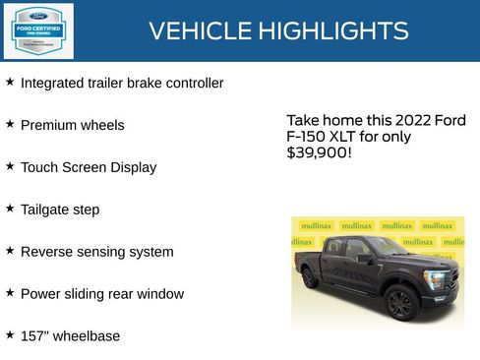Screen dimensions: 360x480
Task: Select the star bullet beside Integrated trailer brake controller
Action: pyautogui.click(x=10, y=83)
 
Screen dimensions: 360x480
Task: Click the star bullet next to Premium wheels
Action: pyautogui.click(x=10, y=125)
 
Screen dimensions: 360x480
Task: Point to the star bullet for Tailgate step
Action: pyautogui.click(x=10, y=209)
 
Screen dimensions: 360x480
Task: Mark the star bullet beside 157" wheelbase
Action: pyautogui.click(x=10, y=334)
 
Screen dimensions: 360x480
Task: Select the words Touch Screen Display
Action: pyautogui.click(x=89, y=167)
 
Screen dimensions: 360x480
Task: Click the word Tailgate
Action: pyautogui.click(x=45, y=210)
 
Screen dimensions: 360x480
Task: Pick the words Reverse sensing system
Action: pyautogui.click(x=96, y=252)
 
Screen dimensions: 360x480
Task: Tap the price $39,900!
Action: pyautogui.click(x=319, y=153)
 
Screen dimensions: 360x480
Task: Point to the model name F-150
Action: pyautogui.click(x=309, y=137)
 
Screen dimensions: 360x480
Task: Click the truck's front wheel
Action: pyautogui.click(x=399, y=302)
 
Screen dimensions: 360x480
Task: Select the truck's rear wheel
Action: pyautogui.click(x=311, y=278)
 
